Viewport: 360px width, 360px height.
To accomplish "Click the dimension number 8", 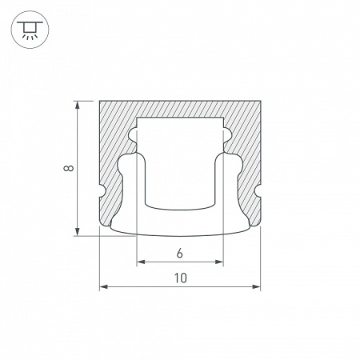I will (x=70, y=169).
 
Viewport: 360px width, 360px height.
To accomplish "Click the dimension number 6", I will (x=180, y=254).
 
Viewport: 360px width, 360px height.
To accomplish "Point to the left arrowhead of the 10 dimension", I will (x=102, y=286).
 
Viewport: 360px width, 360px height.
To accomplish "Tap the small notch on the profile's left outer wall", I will (x=102, y=193).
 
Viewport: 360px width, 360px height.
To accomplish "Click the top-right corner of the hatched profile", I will (x=260, y=101).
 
